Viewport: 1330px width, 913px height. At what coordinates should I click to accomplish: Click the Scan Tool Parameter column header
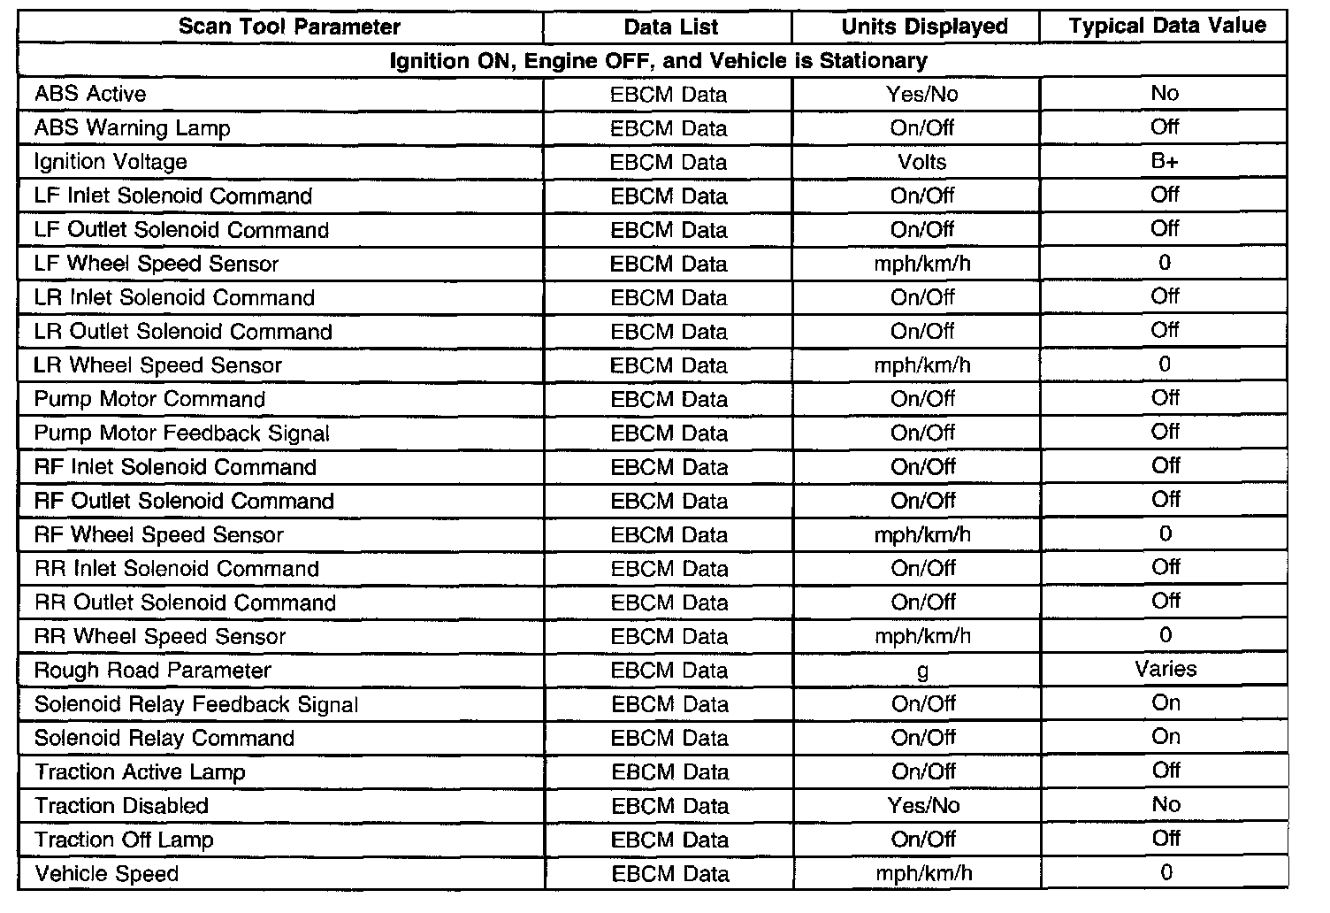tap(289, 27)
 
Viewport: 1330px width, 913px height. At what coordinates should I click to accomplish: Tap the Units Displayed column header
tap(924, 27)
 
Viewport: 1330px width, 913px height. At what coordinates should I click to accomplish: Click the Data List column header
tap(671, 27)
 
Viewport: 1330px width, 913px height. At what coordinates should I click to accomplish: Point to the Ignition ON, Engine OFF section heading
tap(658, 60)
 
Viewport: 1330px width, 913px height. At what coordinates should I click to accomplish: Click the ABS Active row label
tap(90, 94)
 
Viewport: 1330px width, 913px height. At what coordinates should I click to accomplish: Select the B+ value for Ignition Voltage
tap(1165, 161)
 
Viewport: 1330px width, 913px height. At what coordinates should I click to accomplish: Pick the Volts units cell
tap(922, 162)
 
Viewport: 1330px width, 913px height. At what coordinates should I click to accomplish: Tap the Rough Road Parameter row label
tap(152, 671)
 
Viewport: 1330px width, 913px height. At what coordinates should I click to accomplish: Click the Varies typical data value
tap(1166, 669)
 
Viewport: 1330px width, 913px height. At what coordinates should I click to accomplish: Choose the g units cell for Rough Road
tap(922, 671)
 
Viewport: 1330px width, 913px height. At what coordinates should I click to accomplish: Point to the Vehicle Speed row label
tap(107, 874)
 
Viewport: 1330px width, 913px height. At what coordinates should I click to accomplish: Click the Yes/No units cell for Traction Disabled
tap(923, 805)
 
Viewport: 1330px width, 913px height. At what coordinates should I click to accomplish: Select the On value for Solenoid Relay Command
tap(1166, 737)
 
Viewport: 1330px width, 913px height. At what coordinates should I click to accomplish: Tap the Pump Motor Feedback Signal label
tap(181, 433)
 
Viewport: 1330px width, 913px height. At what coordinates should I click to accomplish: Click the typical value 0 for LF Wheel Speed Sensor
tap(1165, 263)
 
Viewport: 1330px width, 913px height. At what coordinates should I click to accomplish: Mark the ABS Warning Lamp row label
tap(132, 128)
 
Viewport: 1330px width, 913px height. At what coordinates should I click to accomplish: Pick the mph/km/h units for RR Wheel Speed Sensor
tap(922, 636)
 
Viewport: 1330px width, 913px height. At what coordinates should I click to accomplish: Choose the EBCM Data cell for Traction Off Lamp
tap(669, 840)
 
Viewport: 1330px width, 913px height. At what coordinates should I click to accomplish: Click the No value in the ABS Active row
tap(1165, 93)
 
